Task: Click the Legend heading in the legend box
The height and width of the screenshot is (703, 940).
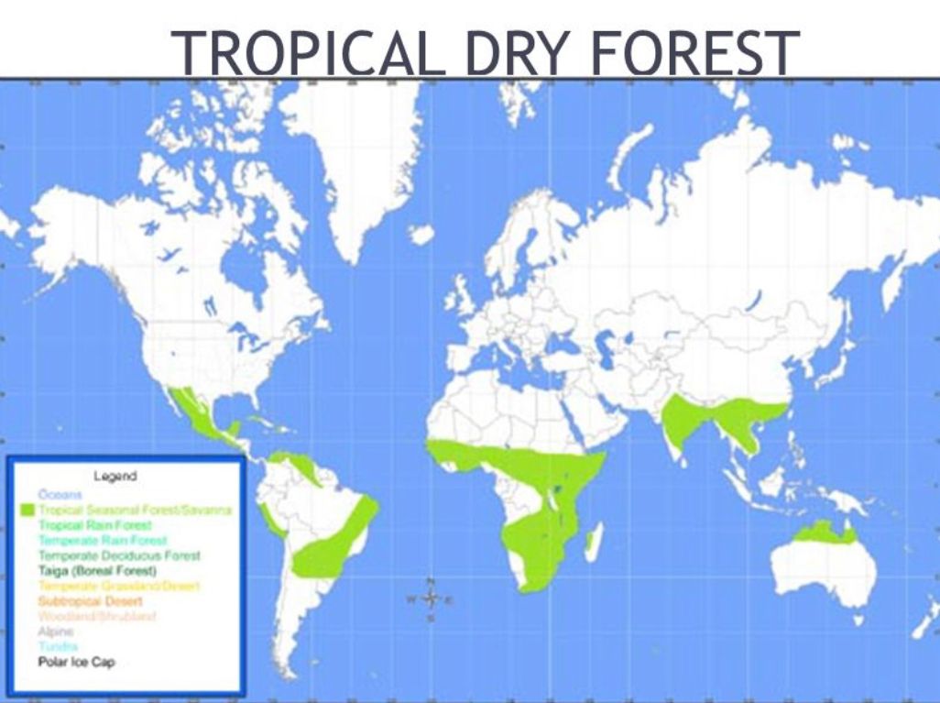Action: pyautogui.click(x=115, y=476)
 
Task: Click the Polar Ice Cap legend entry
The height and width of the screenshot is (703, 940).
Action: pyautogui.click(x=77, y=662)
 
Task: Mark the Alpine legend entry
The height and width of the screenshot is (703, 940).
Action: pyautogui.click(x=55, y=632)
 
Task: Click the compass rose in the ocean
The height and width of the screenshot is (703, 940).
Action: pyautogui.click(x=431, y=599)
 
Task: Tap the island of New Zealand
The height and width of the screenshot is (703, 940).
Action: pyautogui.click(x=925, y=623)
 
